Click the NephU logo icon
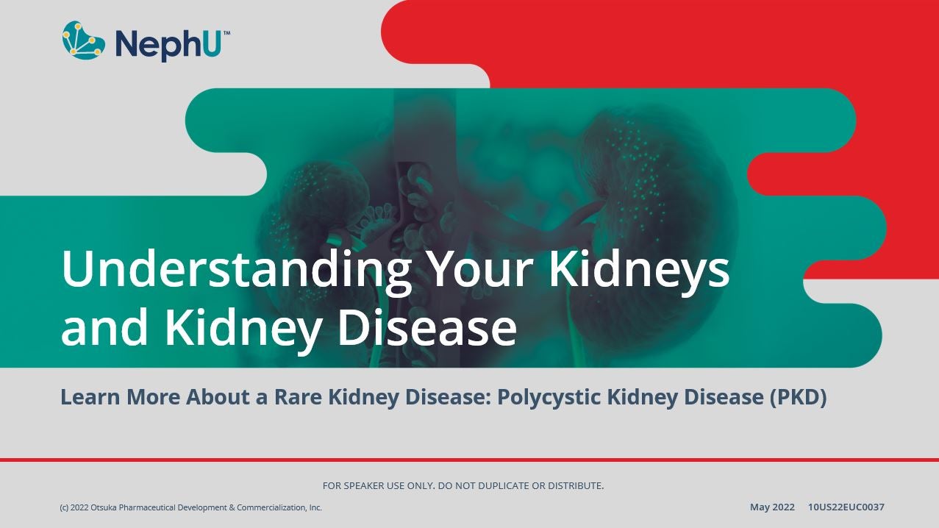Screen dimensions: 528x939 click(83, 40)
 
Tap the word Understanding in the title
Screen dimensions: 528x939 click(235, 269)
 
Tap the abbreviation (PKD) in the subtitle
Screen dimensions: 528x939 click(798, 397)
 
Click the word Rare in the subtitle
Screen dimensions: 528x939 click(299, 397)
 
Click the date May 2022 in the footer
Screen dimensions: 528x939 click(772, 507)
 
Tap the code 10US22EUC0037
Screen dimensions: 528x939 click(846, 507)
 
